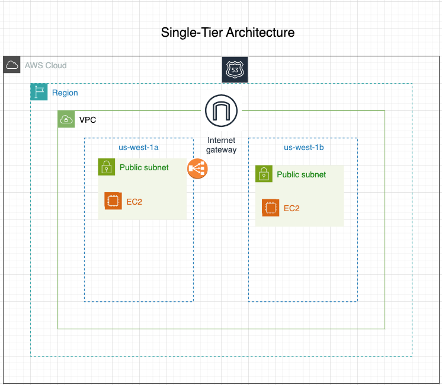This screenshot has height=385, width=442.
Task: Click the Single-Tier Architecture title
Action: coord(228,33)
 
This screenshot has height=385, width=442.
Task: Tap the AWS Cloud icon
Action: coord(12,65)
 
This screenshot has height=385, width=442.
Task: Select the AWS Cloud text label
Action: coord(46,65)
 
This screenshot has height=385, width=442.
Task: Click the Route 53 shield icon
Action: coord(235,70)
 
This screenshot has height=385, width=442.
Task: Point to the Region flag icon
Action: coord(39,92)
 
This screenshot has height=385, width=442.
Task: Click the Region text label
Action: coord(65,93)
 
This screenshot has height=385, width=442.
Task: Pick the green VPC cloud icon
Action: coord(66,119)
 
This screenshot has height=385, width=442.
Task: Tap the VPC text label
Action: coord(88,120)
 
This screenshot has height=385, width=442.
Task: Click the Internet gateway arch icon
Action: coord(221,111)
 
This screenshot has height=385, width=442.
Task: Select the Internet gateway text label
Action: coord(221,145)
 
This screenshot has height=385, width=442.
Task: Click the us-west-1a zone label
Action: coord(139,147)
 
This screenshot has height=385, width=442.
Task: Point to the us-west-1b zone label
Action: coord(304,147)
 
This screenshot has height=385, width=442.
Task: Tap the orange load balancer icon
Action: coord(197,168)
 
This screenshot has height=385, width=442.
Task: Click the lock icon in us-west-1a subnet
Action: coord(106,167)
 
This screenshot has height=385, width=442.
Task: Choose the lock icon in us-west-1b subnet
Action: coord(264,174)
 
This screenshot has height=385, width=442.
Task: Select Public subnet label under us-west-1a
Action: coord(144,167)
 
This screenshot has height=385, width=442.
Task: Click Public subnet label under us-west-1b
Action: coord(302,174)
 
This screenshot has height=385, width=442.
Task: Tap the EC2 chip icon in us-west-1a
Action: coord(113,201)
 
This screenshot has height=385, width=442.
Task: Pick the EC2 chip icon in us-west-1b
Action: coord(271,208)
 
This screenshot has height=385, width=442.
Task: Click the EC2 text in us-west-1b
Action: coord(292,208)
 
